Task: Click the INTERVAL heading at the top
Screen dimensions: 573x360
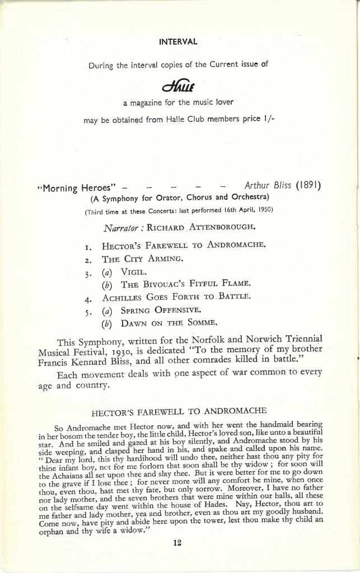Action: point(178,41)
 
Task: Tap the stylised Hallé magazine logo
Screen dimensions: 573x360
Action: point(178,86)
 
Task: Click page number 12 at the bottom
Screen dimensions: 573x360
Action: point(179,542)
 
